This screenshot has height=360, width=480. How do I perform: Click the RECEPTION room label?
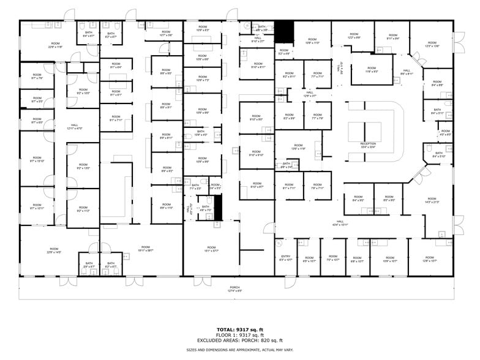click(x=368, y=145)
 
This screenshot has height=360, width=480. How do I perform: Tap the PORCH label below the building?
click(x=235, y=289)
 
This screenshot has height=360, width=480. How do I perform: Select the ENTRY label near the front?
click(x=285, y=258)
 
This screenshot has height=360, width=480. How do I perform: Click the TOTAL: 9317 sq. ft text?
click(x=235, y=329)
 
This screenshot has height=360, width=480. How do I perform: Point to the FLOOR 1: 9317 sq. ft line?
click(x=235, y=335)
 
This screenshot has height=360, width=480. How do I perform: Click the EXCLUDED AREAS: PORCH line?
click(x=235, y=340)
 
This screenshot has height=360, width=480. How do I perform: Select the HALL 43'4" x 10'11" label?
click(x=340, y=223)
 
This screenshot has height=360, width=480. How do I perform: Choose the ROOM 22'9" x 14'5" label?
click(x=54, y=250)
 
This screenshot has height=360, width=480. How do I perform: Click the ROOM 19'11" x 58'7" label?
click(x=145, y=249)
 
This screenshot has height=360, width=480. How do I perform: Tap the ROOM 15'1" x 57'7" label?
click(x=211, y=249)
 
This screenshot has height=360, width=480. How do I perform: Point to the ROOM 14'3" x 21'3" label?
click(x=432, y=200)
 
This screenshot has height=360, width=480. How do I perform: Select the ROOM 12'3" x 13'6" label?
click(x=432, y=45)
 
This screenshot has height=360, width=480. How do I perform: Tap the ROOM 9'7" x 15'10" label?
click(x=37, y=161)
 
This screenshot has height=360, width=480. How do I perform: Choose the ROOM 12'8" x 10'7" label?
click(x=429, y=259)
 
